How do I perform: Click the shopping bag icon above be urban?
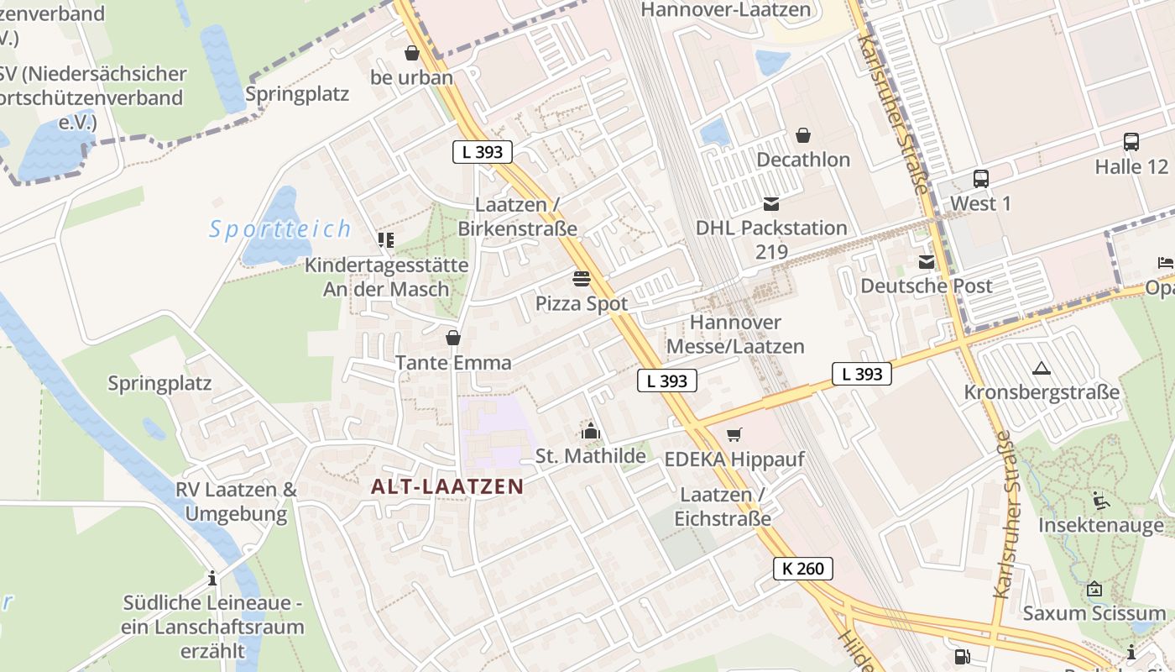411,54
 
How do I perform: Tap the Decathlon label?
803,160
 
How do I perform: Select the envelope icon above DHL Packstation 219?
771,204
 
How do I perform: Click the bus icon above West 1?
980,179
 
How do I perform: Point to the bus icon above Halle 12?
1131,142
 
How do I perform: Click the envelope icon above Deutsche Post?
927,262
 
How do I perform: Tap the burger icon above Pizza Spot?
582,278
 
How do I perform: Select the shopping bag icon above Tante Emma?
453,339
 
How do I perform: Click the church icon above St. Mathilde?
591,433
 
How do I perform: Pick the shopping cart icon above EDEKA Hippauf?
734,435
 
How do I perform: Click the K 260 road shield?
803,569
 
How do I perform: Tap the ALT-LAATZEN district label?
447,486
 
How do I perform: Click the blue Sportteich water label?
280,228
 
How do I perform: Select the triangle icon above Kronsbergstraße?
1042,368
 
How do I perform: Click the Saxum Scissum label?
1094,613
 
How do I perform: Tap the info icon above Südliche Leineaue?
212,579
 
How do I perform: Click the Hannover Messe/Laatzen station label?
735,334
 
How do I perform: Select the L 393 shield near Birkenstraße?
482,152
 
